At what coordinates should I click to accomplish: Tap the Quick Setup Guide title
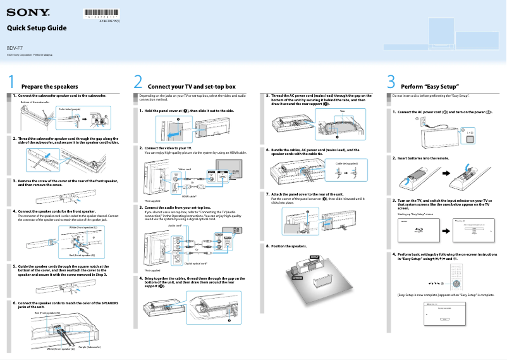point(36,28)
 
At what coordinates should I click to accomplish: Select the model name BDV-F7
point(15,48)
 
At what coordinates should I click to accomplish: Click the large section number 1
point(11,83)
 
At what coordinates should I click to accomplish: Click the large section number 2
point(138,83)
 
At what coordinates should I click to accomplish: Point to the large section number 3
point(391,83)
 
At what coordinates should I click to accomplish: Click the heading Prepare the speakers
point(49,86)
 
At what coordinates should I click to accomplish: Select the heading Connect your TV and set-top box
point(191,86)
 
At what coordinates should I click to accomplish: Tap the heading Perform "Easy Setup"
point(430,86)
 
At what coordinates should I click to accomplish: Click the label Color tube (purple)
point(69,109)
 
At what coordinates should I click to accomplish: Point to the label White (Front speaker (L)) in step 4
point(82,227)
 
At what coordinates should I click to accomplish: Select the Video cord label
point(185,170)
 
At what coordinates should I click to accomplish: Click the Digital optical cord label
point(196,263)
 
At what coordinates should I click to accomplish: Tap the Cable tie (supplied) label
point(346,163)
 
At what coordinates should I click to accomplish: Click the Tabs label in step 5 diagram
point(342,111)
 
